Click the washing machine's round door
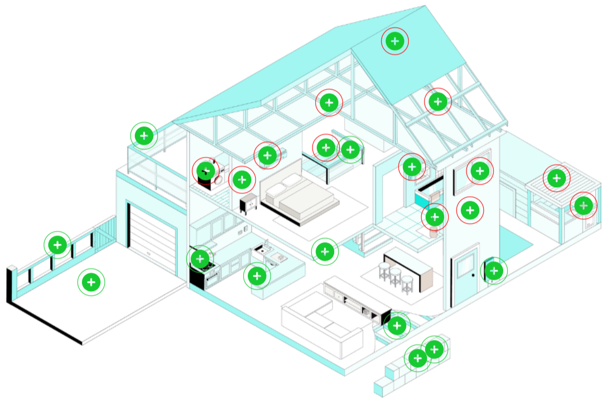tap(219, 180)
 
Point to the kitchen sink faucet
tap(266, 243)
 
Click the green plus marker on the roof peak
tap(395, 41)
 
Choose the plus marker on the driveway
tap(91, 282)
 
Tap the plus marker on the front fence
tap(58, 245)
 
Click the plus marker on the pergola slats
tap(557, 178)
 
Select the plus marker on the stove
tap(200, 258)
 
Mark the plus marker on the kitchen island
tap(258, 276)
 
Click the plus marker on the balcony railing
tap(144, 136)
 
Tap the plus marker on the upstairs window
tap(480, 170)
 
